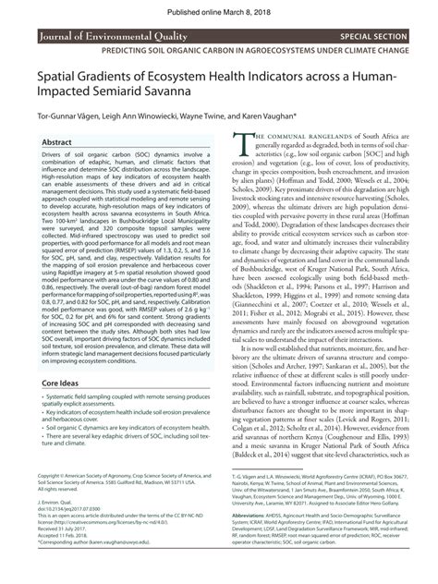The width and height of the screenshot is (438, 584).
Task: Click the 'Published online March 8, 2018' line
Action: [218, 7]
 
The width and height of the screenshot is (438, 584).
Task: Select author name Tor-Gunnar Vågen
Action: [70, 117]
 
